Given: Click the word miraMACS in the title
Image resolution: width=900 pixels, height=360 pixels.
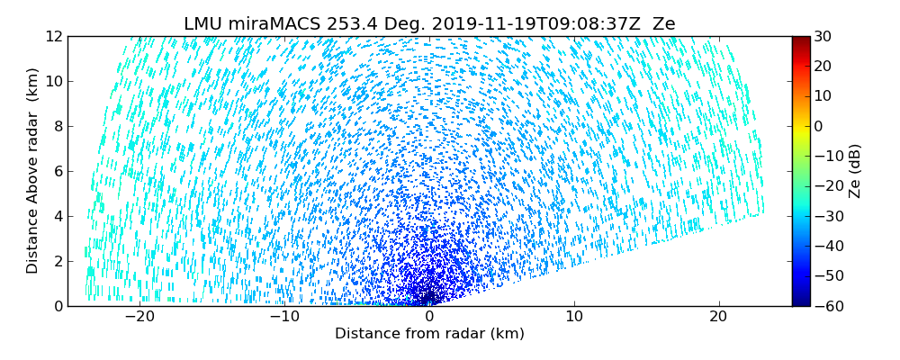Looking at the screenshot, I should tap(269, 24).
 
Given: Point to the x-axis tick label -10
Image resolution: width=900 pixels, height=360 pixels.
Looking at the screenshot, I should tap(284, 317).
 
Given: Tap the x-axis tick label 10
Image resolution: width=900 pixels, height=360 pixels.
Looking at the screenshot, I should tap(574, 317).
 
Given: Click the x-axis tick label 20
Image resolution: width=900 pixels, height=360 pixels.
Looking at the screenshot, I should tap(718, 317).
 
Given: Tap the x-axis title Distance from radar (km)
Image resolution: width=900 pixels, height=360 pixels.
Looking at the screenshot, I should tap(429, 334).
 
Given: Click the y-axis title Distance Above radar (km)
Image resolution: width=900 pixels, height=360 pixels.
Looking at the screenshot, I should tap(32, 171).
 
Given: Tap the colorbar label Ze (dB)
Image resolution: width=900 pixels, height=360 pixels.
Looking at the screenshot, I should tap(855, 171).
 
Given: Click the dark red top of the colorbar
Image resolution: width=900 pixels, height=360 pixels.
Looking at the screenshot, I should tap(800, 40).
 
